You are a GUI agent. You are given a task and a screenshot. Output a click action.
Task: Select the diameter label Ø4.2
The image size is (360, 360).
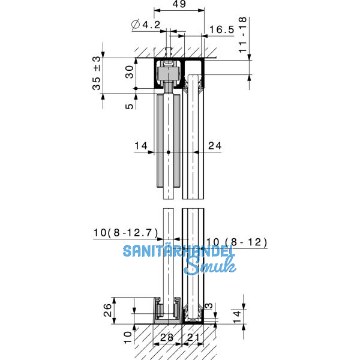click(145, 25)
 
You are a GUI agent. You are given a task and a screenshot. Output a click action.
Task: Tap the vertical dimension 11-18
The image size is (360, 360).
click(242, 36)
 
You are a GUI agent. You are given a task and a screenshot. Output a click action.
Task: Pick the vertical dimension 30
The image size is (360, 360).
click(128, 73)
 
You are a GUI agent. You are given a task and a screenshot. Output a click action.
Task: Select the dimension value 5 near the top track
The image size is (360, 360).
click(128, 106)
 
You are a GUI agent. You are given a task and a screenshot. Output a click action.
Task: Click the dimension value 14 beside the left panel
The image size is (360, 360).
click(140, 145)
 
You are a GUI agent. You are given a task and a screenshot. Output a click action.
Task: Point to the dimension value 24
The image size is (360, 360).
click(214, 145)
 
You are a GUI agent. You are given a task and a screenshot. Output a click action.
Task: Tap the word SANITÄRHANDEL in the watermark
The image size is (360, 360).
click(179, 251)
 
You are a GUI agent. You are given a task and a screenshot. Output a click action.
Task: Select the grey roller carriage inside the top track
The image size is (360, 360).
click(167, 75)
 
